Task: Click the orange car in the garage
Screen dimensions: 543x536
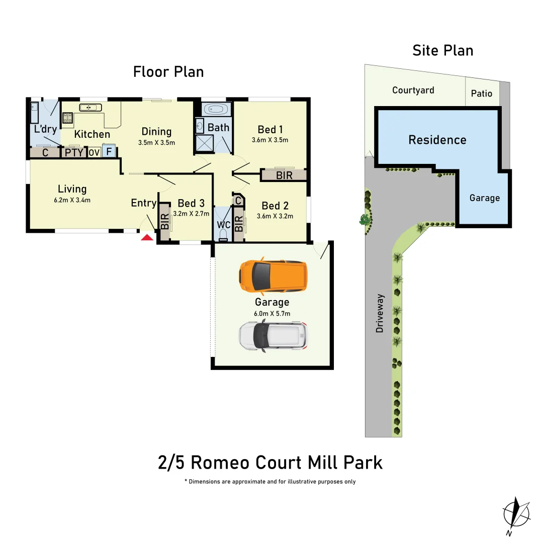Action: (273, 278)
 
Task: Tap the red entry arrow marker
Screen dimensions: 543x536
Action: (147, 237)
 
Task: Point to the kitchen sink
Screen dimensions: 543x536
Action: (91, 107)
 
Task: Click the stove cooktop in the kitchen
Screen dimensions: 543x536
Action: (67, 118)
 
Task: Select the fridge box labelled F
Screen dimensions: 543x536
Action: (109, 151)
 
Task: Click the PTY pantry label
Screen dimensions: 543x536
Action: (74, 152)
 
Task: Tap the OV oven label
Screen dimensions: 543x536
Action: (94, 152)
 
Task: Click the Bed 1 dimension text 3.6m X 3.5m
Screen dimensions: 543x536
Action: (270, 140)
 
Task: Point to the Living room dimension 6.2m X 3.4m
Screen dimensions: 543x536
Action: (72, 200)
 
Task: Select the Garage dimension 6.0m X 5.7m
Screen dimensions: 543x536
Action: (272, 313)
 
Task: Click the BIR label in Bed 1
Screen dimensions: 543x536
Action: (284, 175)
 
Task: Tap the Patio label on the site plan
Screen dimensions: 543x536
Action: (481, 94)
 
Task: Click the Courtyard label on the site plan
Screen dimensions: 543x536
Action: (413, 90)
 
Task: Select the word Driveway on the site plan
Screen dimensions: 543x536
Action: (380, 313)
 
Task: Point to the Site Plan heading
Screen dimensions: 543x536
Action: (442, 51)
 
